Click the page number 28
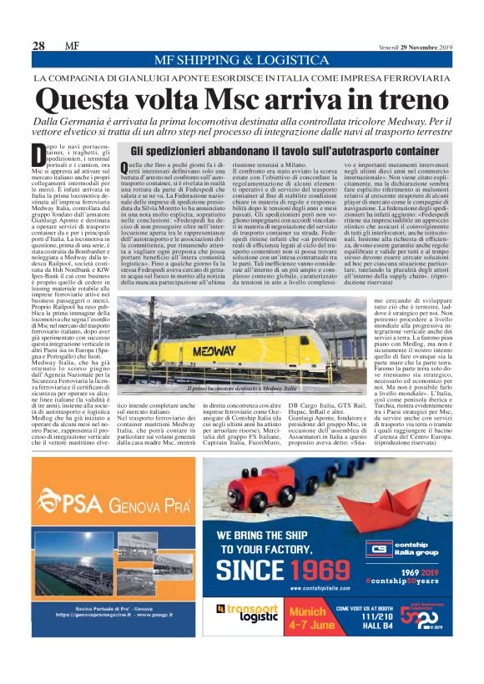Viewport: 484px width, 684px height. pos(38,46)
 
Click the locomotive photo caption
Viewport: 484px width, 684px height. pos(243,389)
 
